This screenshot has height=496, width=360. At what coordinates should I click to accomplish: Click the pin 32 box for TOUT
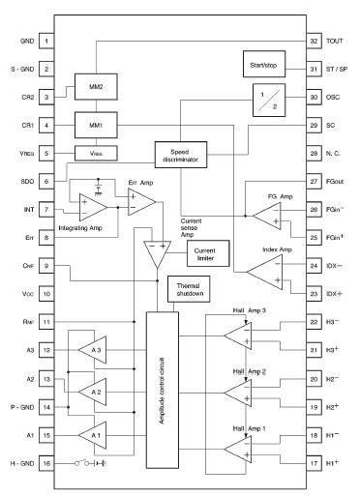(314, 42)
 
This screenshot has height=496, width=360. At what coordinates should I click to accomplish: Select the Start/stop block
(266, 67)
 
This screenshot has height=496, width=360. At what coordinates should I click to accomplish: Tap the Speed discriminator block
(181, 154)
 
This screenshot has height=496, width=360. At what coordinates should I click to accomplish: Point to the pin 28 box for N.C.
(314, 153)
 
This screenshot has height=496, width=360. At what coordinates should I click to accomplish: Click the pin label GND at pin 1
(26, 43)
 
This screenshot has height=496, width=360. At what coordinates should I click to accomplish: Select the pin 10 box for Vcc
(46, 291)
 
